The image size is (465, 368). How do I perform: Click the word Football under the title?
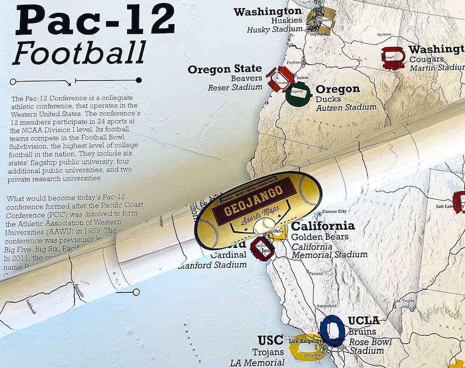pos(79,53)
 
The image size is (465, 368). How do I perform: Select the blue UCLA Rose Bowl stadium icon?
pos(333,330)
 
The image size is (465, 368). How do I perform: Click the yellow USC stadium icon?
pos(305,347)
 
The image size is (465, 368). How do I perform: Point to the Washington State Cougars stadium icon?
pos(393,58)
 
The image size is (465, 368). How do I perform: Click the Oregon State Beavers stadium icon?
pos(281,79)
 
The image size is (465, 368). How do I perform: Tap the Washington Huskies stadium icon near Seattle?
pos(321,21)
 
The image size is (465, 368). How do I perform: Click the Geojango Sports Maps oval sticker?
pos(257,203)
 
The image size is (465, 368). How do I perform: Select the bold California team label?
pos(323,226)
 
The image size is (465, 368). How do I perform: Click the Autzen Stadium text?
pos(346,107)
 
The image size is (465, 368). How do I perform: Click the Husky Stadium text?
pos(274,29)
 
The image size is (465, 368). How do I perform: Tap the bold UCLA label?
pos(364,321)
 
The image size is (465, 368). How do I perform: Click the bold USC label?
pos(271,340)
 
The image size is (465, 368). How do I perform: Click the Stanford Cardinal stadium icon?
pos(263,248)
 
